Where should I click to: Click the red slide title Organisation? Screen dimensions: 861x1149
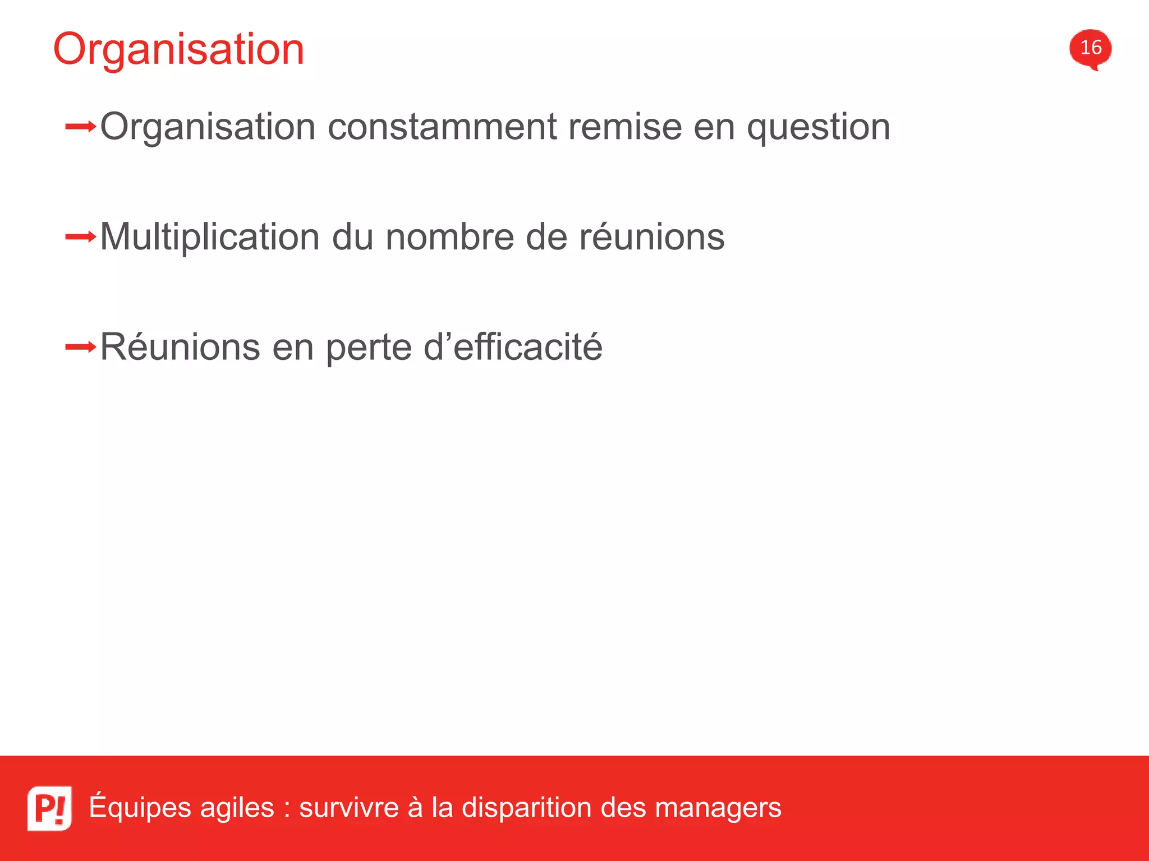(x=178, y=49)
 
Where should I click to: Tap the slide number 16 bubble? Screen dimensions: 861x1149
(x=1090, y=48)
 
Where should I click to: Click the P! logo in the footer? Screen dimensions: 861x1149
(x=49, y=808)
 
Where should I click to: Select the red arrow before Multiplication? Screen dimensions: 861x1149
(x=81, y=237)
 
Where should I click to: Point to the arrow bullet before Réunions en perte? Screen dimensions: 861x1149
(x=81, y=348)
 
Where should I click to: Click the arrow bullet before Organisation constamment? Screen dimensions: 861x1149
(x=81, y=127)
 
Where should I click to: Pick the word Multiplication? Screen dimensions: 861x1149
(x=210, y=238)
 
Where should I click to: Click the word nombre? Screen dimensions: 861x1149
(x=449, y=237)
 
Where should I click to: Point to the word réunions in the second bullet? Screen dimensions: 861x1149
(x=651, y=237)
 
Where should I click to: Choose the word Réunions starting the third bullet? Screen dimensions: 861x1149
(x=180, y=347)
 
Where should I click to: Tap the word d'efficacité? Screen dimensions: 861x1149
(x=513, y=347)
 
